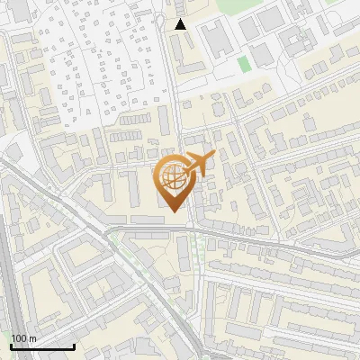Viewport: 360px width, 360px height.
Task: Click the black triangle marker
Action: pyautogui.click(x=181, y=24)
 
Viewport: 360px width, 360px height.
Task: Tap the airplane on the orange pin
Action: pyautogui.click(x=197, y=165)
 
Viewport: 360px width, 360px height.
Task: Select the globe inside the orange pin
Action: pyautogui.click(x=174, y=179)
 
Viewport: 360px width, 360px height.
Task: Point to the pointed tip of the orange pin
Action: pyautogui.click(x=174, y=212)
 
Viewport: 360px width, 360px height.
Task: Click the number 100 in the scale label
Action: pyautogui.click(x=19, y=338)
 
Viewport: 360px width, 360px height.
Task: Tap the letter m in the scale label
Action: pyautogui.click(x=33, y=338)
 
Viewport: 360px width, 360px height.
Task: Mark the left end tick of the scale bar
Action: pyautogui.click(x=11, y=346)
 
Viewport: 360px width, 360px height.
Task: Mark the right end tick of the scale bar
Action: pyautogui.click(x=74, y=346)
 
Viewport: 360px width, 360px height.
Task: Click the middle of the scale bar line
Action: pyautogui.click(x=42, y=346)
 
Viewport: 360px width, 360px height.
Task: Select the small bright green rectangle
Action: pyautogui.click(x=243, y=64)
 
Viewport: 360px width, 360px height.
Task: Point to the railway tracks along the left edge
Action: pyautogui.click(x=7, y=270)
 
